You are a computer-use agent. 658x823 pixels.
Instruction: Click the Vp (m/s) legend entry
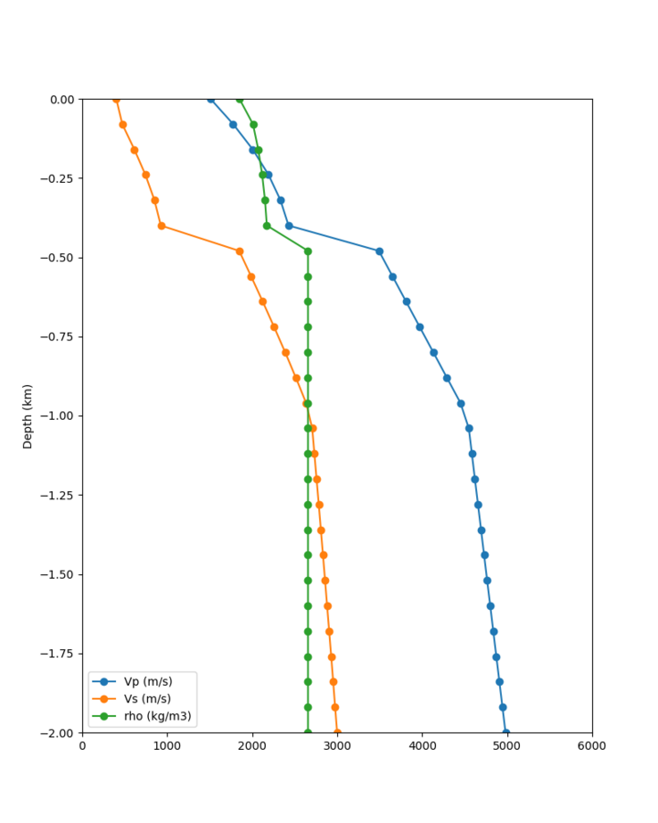[x=147, y=681]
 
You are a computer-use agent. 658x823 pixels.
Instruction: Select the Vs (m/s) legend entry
[x=147, y=699]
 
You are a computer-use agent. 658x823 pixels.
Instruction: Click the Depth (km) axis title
[x=27, y=416]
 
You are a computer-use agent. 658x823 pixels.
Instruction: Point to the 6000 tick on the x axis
[x=592, y=745]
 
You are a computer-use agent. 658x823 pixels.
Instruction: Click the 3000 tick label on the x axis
[x=337, y=745]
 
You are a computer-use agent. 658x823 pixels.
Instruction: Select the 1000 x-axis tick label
[x=167, y=745]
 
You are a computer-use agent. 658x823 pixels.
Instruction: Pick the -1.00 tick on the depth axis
[x=58, y=416]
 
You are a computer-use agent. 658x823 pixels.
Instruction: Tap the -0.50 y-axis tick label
[x=58, y=258]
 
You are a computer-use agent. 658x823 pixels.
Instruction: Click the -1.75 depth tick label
[x=58, y=654]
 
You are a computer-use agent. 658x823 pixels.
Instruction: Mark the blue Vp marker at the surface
[x=211, y=99]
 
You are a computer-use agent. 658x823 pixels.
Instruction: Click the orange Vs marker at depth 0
[x=116, y=99]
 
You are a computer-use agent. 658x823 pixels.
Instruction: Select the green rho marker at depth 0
[x=239, y=99]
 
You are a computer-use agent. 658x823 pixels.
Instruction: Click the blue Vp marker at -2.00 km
[x=506, y=732]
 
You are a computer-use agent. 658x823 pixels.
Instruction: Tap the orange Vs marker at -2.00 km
[x=337, y=732]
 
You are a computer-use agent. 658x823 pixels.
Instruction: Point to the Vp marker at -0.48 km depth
[x=379, y=251]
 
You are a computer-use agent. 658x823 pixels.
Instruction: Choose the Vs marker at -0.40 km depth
[x=161, y=226]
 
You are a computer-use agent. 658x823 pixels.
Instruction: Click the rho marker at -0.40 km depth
[x=267, y=226]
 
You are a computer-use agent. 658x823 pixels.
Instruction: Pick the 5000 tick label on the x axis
[x=507, y=745]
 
